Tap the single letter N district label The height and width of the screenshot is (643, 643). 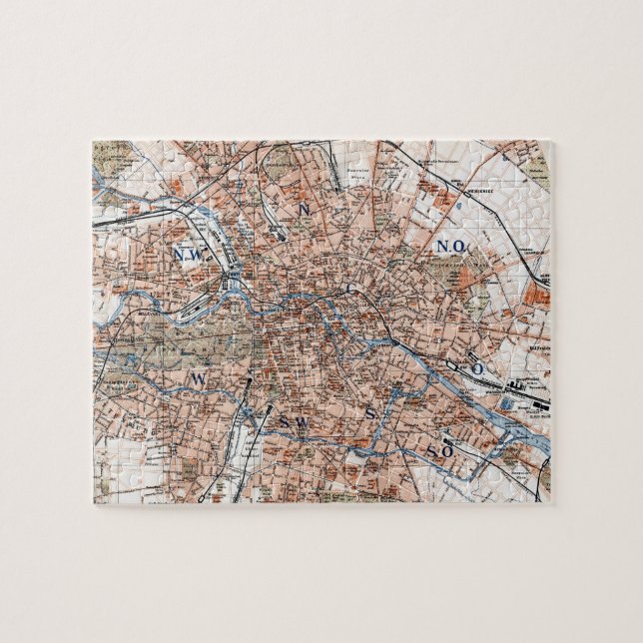point(303,208)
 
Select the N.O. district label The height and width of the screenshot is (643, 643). point(448,246)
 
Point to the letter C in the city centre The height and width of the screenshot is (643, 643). point(350,289)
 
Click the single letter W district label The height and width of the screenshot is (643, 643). point(198,378)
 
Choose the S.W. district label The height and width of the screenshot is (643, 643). point(295,422)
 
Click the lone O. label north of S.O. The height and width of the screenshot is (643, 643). point(480,368)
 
